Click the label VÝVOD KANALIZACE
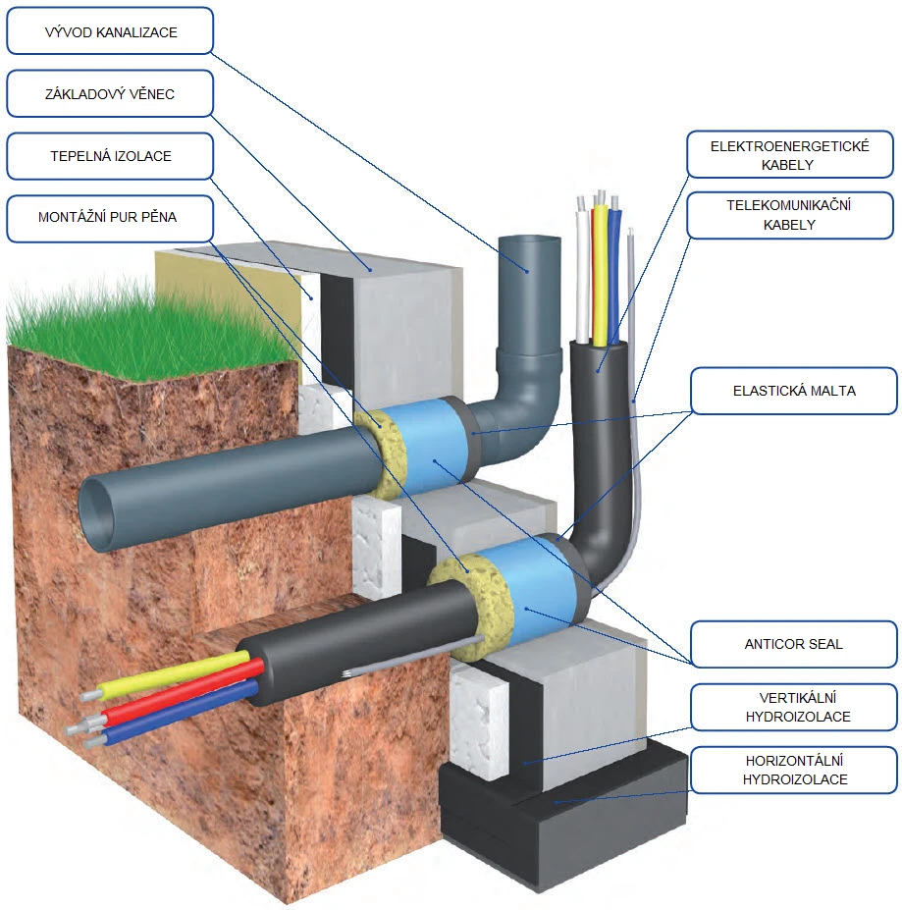pos(109,31)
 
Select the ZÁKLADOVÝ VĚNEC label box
pos(109,94)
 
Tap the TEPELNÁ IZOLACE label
pos(109,156)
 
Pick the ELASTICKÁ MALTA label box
pos(794,391)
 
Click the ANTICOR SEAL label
pos(794,644)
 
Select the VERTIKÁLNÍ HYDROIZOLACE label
pos(794,707)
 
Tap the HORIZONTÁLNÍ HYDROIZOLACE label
pos(794,770)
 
